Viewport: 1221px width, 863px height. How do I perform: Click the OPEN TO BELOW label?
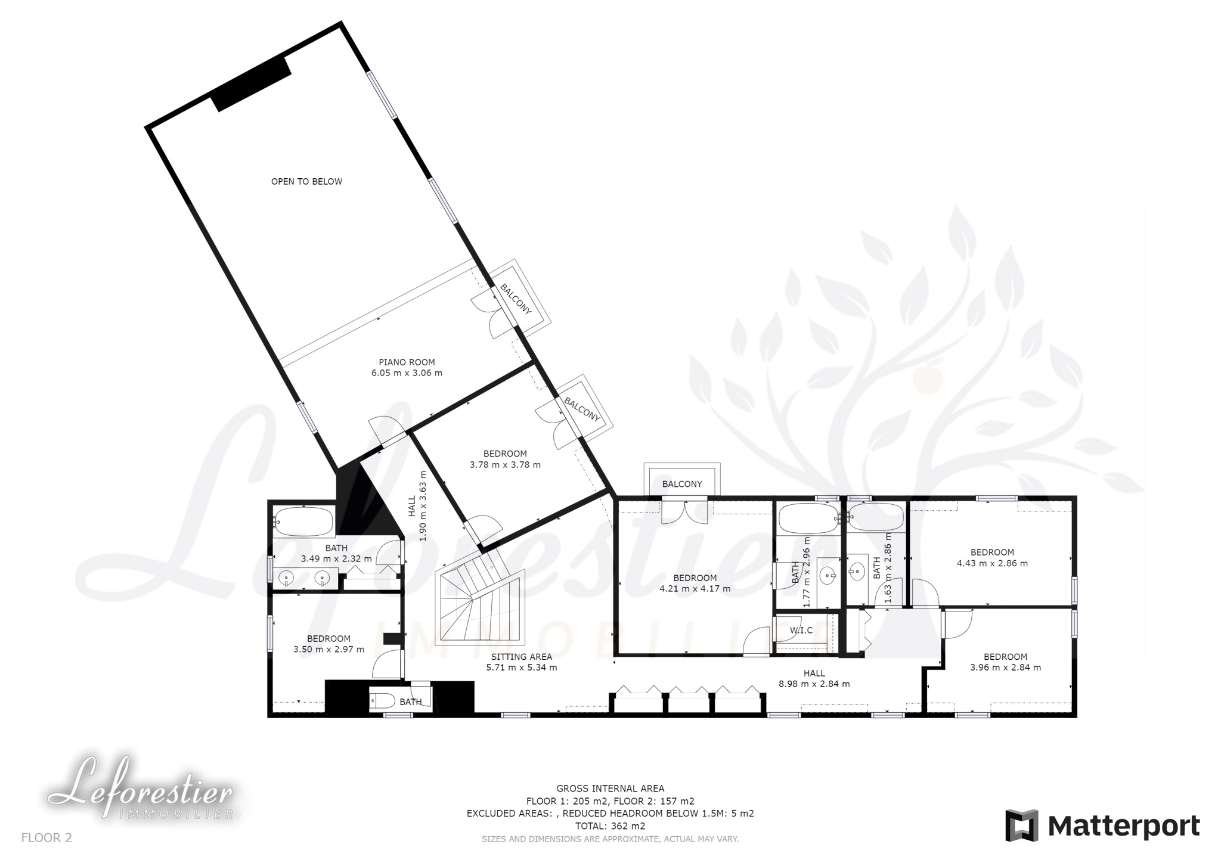[306, 182]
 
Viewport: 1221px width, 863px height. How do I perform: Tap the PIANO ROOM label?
[407, 362]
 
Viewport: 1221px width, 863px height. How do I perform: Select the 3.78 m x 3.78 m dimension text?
[505, 465]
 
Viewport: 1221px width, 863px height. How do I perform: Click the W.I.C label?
[801, 631]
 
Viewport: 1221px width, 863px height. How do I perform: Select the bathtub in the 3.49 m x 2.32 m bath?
[303, 521]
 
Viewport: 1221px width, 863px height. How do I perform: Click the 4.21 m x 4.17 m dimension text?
[695, 589]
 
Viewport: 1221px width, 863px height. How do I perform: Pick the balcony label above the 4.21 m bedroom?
[682, 485]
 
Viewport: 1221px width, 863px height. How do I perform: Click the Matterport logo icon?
[1022, 825]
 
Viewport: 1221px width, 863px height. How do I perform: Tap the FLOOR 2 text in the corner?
[47, 838]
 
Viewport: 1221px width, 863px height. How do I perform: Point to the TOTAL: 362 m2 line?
[610, 826]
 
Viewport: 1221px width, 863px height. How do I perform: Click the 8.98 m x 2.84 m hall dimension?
[814, 684]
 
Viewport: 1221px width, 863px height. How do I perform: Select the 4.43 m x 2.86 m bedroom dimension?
[992, 563]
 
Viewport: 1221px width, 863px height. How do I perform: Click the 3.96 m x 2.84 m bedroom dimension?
[1005, 668]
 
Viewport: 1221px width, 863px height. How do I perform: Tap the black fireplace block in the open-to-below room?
[252, 83]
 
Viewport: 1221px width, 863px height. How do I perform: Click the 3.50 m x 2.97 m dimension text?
[329, 650]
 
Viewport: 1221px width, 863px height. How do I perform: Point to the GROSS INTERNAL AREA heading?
[610, 789]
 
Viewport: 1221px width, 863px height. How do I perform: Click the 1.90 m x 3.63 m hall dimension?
[423, 506]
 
